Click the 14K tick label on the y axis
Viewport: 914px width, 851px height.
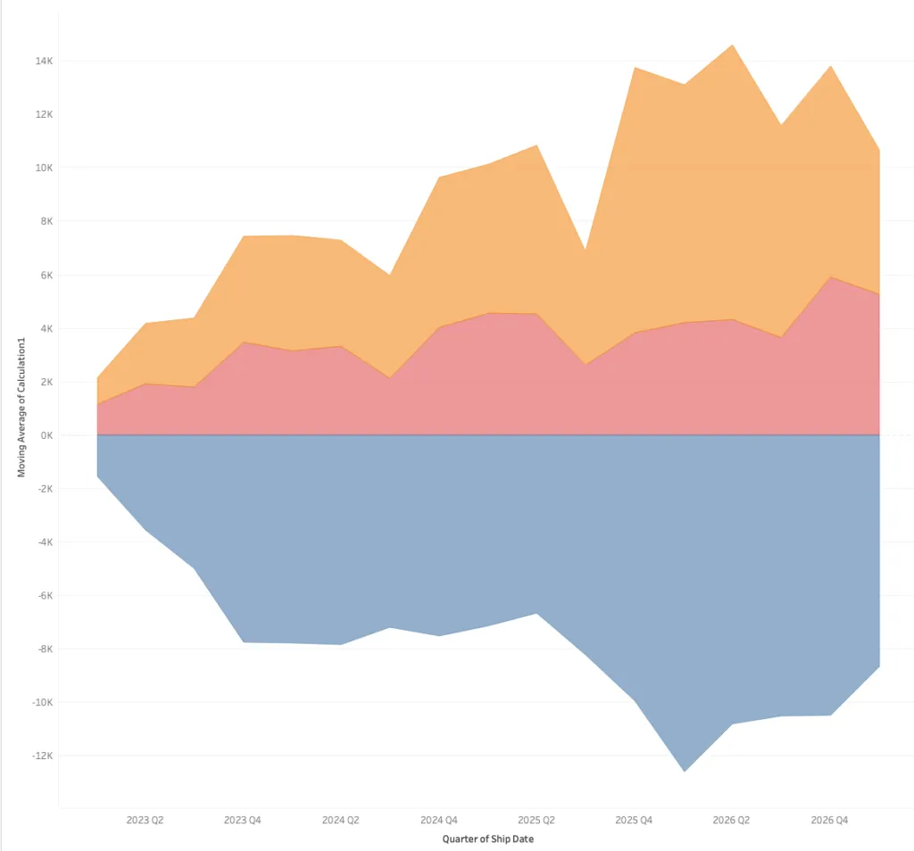42,62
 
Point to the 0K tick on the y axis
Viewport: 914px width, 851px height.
44,435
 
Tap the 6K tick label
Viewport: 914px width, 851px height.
44,275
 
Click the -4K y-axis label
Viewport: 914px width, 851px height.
42,541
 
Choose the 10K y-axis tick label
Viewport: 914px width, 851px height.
42,168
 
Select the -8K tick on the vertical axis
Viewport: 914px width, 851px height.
42,649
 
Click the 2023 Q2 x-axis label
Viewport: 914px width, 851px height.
145,820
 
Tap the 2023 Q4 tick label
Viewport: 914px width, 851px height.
243,820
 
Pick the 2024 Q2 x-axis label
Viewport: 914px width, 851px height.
340,820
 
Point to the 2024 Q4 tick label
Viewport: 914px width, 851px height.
438,820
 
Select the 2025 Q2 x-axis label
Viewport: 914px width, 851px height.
536,820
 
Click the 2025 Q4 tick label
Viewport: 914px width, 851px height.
634,820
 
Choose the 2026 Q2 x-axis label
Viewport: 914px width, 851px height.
732,820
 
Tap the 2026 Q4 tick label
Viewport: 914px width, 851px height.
829,820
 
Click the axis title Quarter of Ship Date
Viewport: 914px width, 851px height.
487,839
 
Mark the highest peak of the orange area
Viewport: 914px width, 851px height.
732,45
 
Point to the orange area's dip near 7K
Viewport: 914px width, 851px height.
585,251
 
